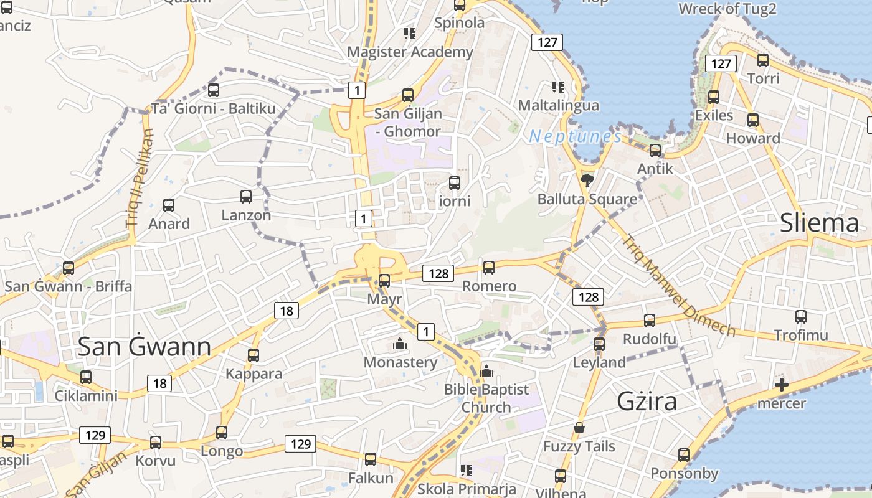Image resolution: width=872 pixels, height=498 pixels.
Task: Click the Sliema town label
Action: (819, 222)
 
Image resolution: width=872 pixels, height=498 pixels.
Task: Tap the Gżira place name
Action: (647, 402)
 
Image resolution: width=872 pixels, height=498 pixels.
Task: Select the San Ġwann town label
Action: (144, 347)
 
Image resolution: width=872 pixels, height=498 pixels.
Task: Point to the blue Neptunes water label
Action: (575, 137)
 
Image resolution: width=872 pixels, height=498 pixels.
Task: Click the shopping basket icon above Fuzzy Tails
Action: (579, 428)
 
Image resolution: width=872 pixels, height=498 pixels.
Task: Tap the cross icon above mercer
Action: (781, 385)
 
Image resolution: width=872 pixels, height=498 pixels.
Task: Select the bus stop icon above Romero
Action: (489, 268)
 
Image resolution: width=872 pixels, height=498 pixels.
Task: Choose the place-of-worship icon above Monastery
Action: (400, 344)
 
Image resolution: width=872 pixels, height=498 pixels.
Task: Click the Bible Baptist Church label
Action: (486, 398)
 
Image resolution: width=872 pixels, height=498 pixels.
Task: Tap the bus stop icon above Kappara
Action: (254, 355)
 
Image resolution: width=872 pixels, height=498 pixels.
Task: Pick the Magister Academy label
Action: (410, 52)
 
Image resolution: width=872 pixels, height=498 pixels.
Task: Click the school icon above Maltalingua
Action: (557, 87)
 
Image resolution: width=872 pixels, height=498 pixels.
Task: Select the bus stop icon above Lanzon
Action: (246, 197)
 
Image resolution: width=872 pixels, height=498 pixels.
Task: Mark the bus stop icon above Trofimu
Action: (801, 317)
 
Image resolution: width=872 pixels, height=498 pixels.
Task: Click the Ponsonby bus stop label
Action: (685, 474)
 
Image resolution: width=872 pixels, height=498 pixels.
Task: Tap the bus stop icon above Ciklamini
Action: (86, 377)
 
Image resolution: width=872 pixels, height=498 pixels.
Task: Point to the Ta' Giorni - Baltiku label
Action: (214, 109)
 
